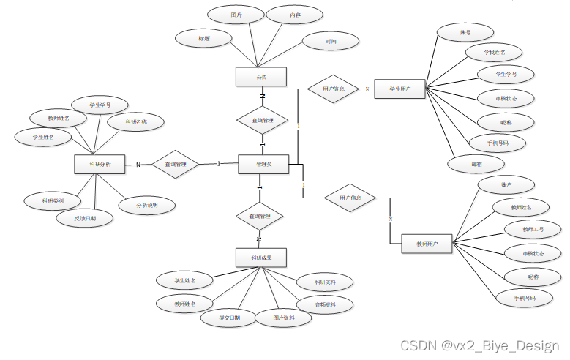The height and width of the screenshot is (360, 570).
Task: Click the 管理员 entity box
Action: [x=263, y=165]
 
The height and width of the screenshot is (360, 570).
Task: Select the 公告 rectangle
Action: [x=261, y=76]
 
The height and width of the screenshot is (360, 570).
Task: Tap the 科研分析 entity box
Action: [x=100, y=165]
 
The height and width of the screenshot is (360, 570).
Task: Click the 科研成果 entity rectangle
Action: [x=261, y=258]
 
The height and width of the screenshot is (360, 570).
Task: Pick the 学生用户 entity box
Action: [x=400, y=89]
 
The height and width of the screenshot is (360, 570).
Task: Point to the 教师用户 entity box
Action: [x=427, y=243]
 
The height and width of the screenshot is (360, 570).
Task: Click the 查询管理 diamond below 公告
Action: [x=262, y=120]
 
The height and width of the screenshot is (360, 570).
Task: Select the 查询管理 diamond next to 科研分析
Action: [x=176, y=165]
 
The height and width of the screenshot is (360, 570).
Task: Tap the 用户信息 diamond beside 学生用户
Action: [x=334, y=89]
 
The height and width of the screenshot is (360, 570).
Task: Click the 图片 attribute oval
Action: [x=236, y=15]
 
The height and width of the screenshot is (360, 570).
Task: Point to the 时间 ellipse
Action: [x=331, y=42]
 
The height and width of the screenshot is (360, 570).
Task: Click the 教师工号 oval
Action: [x=533, y=230]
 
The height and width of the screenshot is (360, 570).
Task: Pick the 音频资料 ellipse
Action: [x=326, y=304]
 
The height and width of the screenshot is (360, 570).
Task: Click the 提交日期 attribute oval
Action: [x=229, y=318]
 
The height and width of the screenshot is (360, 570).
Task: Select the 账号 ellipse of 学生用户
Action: [x=464, y=32]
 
